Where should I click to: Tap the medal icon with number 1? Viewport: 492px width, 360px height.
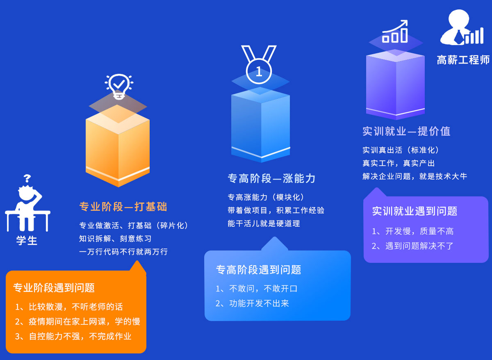coord(259,66)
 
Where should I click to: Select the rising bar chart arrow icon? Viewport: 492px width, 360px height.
coord(395,32)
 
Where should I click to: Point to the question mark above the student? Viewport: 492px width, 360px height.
coord(27,178)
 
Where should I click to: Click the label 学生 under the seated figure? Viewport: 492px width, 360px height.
coord(27,240)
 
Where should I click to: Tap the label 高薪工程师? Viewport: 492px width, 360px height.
coord(463,60)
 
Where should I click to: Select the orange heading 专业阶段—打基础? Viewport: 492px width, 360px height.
coord(123,207)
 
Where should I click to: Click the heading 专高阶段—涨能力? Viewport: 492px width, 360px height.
coord(271,178)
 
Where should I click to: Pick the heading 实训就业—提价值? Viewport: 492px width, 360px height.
coord(406,131)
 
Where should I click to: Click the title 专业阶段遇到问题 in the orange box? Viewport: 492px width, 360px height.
coord(54,288)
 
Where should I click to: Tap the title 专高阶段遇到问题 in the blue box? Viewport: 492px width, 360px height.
coord(258,270)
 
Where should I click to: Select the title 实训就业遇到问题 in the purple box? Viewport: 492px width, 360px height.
coord(415,211)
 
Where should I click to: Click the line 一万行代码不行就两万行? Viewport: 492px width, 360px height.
coord(123,252)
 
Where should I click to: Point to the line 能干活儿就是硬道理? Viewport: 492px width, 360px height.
coord(264,224)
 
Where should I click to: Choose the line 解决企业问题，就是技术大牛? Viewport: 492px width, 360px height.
coord(415,176)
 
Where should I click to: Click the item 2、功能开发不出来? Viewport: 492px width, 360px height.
coord(253,303)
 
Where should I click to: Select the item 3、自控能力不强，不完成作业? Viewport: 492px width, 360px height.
coord(73,336)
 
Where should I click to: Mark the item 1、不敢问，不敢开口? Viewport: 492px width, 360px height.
coord(257,289)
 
